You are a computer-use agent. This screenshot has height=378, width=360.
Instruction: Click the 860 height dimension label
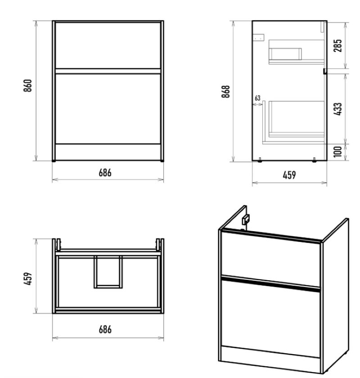(28, 86)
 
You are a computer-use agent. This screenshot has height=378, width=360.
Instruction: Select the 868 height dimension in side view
(226, 91)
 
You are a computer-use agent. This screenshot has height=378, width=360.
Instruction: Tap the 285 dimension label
(338, 46)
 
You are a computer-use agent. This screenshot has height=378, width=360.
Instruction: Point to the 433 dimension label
(338, 109)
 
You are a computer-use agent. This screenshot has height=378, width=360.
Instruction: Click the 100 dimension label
(338, 152)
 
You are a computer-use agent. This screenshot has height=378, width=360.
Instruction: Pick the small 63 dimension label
(257, 98)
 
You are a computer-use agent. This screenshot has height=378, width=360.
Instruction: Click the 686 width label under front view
(105, 173)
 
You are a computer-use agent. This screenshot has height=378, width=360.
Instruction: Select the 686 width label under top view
(105, 329)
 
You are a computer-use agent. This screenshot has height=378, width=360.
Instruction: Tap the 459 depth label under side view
(289, 175)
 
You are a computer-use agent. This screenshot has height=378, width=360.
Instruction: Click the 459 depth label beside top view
(28, 279)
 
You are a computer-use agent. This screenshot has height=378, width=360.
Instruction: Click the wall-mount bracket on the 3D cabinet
(246, 219)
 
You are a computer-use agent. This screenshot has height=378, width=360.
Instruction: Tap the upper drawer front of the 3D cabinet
(271, 259)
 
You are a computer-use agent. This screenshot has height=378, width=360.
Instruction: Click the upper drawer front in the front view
(108, 46)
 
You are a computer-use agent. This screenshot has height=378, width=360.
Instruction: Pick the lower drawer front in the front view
(108, 109)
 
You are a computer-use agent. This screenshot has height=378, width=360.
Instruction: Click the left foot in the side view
(260, 160)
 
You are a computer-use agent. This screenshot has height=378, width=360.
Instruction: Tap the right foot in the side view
(314, 160)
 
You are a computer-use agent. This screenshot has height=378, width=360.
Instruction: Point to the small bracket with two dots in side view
(259, 37)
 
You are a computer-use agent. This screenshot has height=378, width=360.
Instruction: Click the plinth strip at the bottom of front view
(108, 152)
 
